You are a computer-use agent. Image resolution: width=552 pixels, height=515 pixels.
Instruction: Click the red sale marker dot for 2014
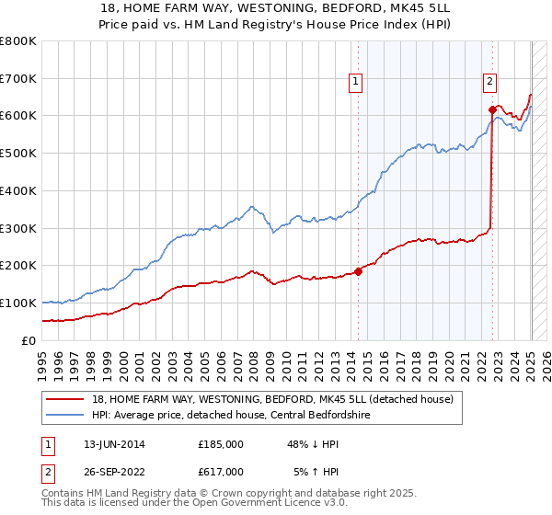pos(358,270)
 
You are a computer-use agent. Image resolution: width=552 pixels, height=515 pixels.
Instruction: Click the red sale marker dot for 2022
pos(492,109)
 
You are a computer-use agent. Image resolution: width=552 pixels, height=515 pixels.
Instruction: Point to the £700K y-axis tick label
pos(18,78)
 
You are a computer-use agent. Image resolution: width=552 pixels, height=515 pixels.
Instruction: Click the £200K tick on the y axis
pos(18,265)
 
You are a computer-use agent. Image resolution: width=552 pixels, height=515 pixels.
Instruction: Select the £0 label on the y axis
pos(29,340)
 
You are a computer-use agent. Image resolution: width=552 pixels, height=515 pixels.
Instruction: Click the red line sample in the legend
pos(66,399)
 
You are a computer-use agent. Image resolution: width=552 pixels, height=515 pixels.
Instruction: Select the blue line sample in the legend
pos(66,414)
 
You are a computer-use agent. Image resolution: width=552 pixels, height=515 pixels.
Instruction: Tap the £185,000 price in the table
pos(221,443)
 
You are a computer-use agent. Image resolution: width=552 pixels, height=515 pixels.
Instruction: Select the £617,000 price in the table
pos(221,471)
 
